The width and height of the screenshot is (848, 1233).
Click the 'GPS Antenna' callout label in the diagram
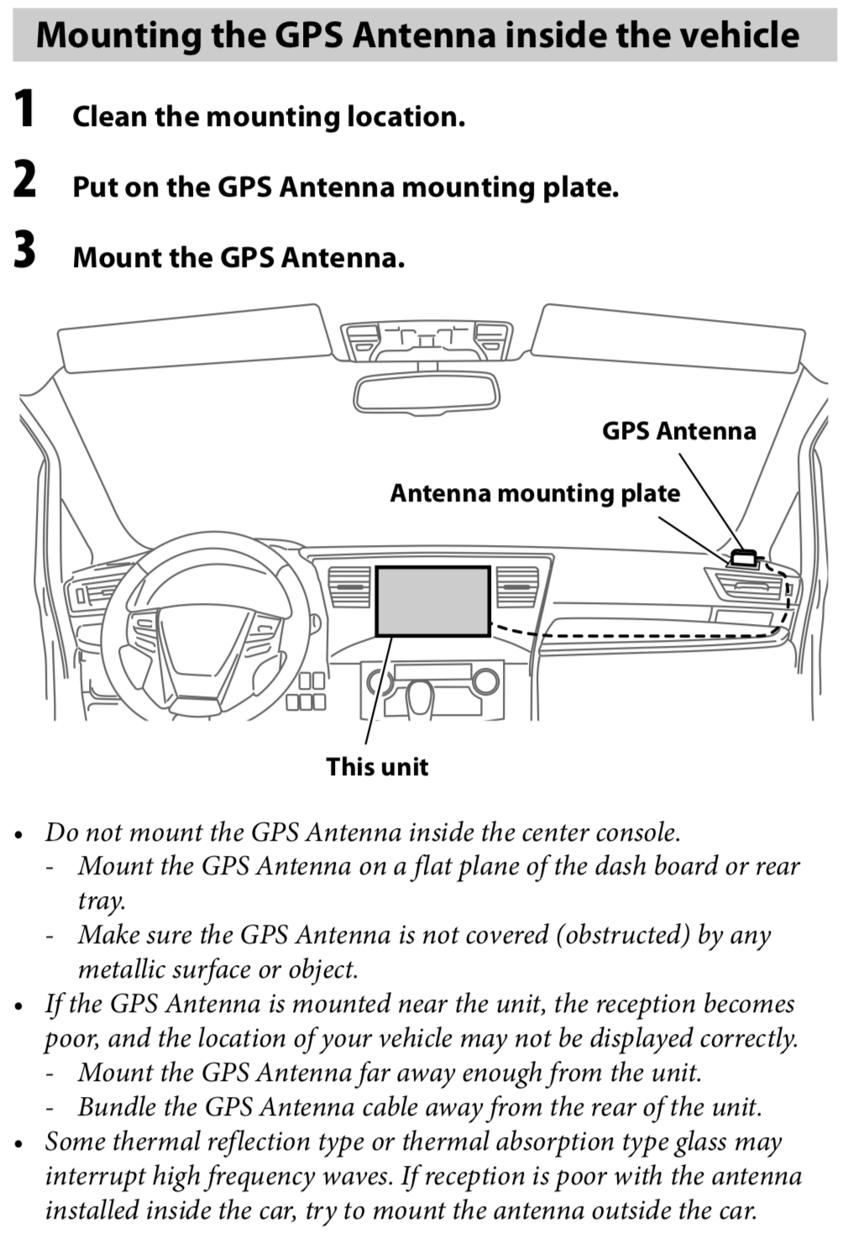(x=678, y=431)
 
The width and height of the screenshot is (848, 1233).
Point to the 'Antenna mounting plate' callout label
(x=535, y=493)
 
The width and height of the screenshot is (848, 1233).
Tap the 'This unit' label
(x=377, y=767)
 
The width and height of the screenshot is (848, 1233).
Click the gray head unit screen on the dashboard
(x=432, y=601)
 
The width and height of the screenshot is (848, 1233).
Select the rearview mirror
(x=427, y=392)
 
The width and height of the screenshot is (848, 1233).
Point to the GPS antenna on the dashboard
(x=744, y=556)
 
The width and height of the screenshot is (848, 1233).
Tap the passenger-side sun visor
(x=667, y=336)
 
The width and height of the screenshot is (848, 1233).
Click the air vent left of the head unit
(x=349, y=586)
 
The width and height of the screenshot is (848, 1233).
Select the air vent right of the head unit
(x=517, y=586)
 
